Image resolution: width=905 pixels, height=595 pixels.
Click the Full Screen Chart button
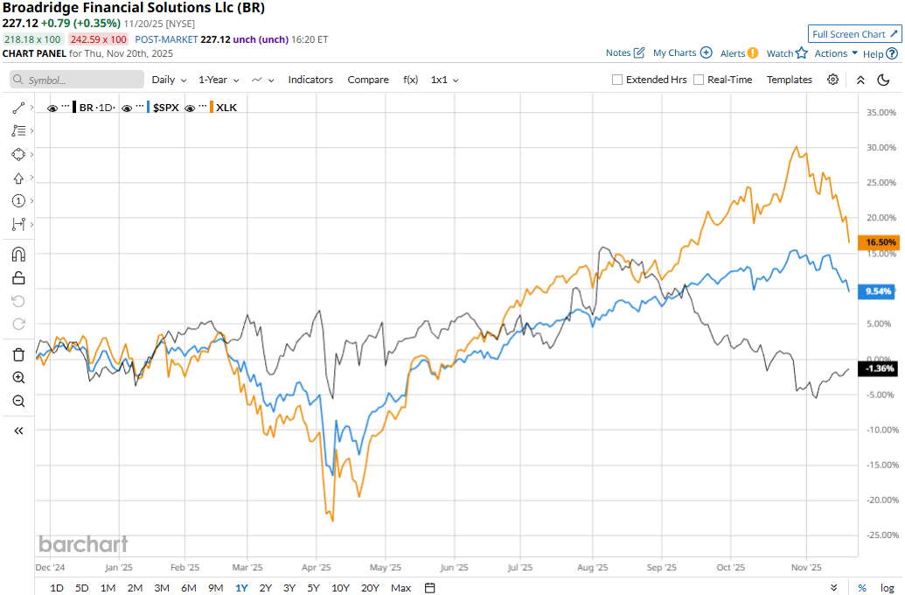pos(853,34)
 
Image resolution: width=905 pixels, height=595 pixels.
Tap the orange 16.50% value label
pos(881,242)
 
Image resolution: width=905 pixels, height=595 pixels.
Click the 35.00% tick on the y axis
pos(880,112)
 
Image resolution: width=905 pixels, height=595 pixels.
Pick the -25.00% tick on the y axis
pos(880,535)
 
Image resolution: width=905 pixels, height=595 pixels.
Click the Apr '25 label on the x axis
pos(323,566)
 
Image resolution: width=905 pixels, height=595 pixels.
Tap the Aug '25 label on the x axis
pos(593,566)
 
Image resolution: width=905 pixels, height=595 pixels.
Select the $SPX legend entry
pos(166,108)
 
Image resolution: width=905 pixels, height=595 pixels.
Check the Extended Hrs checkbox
pos(617,80)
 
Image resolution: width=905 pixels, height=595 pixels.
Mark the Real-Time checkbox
pos(699,80)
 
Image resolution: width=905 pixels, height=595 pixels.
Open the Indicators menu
pos(310,80)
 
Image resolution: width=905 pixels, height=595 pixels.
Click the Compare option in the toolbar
pos(368,80)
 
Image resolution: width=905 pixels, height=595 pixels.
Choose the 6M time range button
pos(188,588)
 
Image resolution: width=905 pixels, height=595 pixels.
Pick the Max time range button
pos(401,588)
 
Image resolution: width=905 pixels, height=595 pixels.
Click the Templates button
pos(790,80)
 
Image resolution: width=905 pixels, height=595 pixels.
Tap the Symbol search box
pos(79,80)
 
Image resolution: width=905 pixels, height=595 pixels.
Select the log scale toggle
pos(888,588)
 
